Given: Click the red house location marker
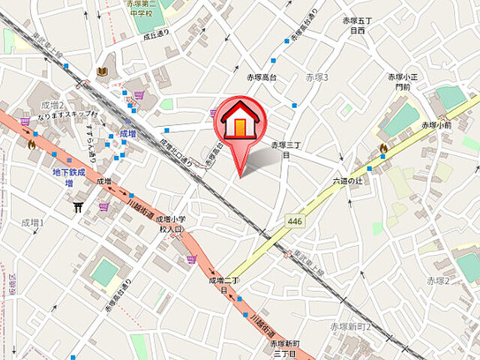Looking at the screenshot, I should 239,123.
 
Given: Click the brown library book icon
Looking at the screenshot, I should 103,71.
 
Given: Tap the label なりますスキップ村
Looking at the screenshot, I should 63,115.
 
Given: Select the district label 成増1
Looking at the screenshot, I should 33,223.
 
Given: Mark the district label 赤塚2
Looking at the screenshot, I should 438,280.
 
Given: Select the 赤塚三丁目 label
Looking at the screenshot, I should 286,149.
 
